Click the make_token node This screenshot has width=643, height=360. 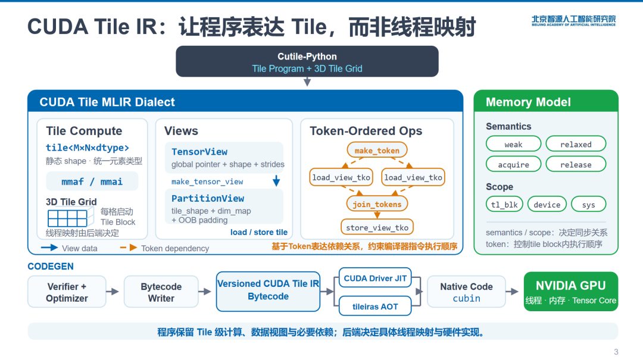tap(377, 151)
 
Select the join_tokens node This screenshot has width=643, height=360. tap(377, 204)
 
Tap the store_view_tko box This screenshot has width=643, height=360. tap(377, 227)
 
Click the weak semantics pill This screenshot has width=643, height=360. tap(513, 145)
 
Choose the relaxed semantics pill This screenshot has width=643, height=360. tap(576, 145)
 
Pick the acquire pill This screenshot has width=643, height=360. tap(513, 164)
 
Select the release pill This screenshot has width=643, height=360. tap(576, 164)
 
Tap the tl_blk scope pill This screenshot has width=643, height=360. tap(504, 204)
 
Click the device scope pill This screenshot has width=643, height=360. tap(547, 204)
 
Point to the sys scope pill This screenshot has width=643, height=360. tap(588, 204)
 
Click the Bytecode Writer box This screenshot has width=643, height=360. tap(161, 292)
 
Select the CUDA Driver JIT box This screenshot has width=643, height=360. tap(375, 278)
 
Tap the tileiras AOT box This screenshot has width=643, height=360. tap(375, 306)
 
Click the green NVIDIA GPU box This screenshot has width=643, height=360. tap(571, 292)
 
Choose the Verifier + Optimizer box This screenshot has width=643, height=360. tap(67, 292)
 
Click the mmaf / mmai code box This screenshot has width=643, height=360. tap(92, 181)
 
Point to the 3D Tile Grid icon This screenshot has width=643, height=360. tap(67, 218)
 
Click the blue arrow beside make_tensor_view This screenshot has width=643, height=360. tap(276, 180)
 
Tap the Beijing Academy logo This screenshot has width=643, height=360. tap(574, 20)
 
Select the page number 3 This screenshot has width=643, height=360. tap(616, 352)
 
